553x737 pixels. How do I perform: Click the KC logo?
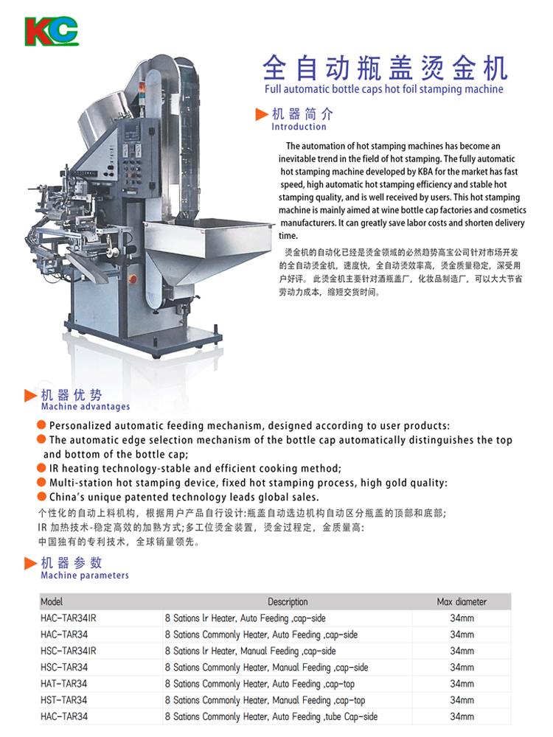52,32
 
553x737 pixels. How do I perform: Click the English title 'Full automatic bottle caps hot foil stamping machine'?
383,89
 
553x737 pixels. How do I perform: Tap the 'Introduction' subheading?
299,127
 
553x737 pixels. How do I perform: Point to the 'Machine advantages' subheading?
85,407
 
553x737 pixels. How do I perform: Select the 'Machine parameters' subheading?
85,576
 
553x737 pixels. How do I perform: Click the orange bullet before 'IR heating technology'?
41,468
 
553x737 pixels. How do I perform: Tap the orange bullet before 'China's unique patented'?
41,496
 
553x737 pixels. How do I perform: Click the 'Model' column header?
52,601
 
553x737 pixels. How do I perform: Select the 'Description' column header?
288,601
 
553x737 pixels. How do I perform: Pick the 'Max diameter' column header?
462,601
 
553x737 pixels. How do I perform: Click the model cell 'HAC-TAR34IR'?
68,618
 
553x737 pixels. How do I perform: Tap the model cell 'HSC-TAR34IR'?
68,651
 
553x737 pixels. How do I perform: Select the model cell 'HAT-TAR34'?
64,684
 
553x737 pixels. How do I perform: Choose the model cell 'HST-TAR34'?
64,700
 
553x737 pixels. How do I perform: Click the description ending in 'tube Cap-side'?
271,717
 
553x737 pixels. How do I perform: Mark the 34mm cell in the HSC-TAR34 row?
462,668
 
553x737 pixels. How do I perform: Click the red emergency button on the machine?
133,279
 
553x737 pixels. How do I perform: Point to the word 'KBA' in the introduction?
425,172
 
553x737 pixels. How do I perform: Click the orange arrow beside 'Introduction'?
262,114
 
